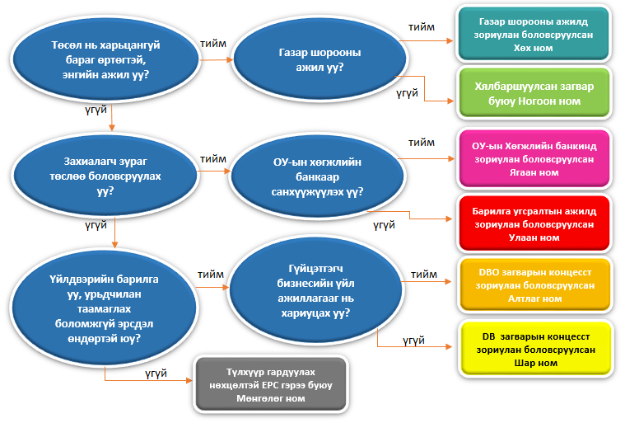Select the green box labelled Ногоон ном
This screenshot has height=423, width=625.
(x=534, y=92)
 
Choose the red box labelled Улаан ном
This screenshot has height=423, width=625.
(x=534, y=223)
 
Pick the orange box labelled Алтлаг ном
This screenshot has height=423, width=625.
(x=534, y=284)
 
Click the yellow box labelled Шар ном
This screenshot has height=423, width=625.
(x=534, y=350)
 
